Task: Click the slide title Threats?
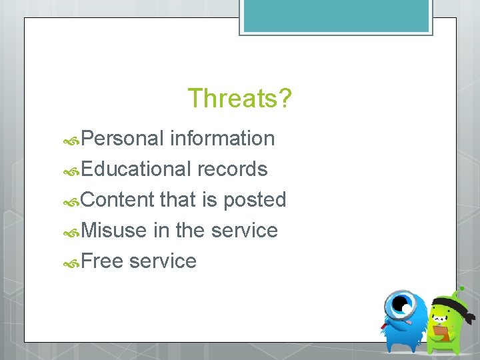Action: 239,98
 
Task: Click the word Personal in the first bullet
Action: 123,139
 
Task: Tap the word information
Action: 222,139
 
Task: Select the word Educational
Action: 137,169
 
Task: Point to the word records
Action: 232,169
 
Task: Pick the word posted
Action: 255,200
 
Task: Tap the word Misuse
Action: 114,231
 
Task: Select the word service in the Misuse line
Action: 244,231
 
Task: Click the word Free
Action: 103,261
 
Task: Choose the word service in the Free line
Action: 163,261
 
